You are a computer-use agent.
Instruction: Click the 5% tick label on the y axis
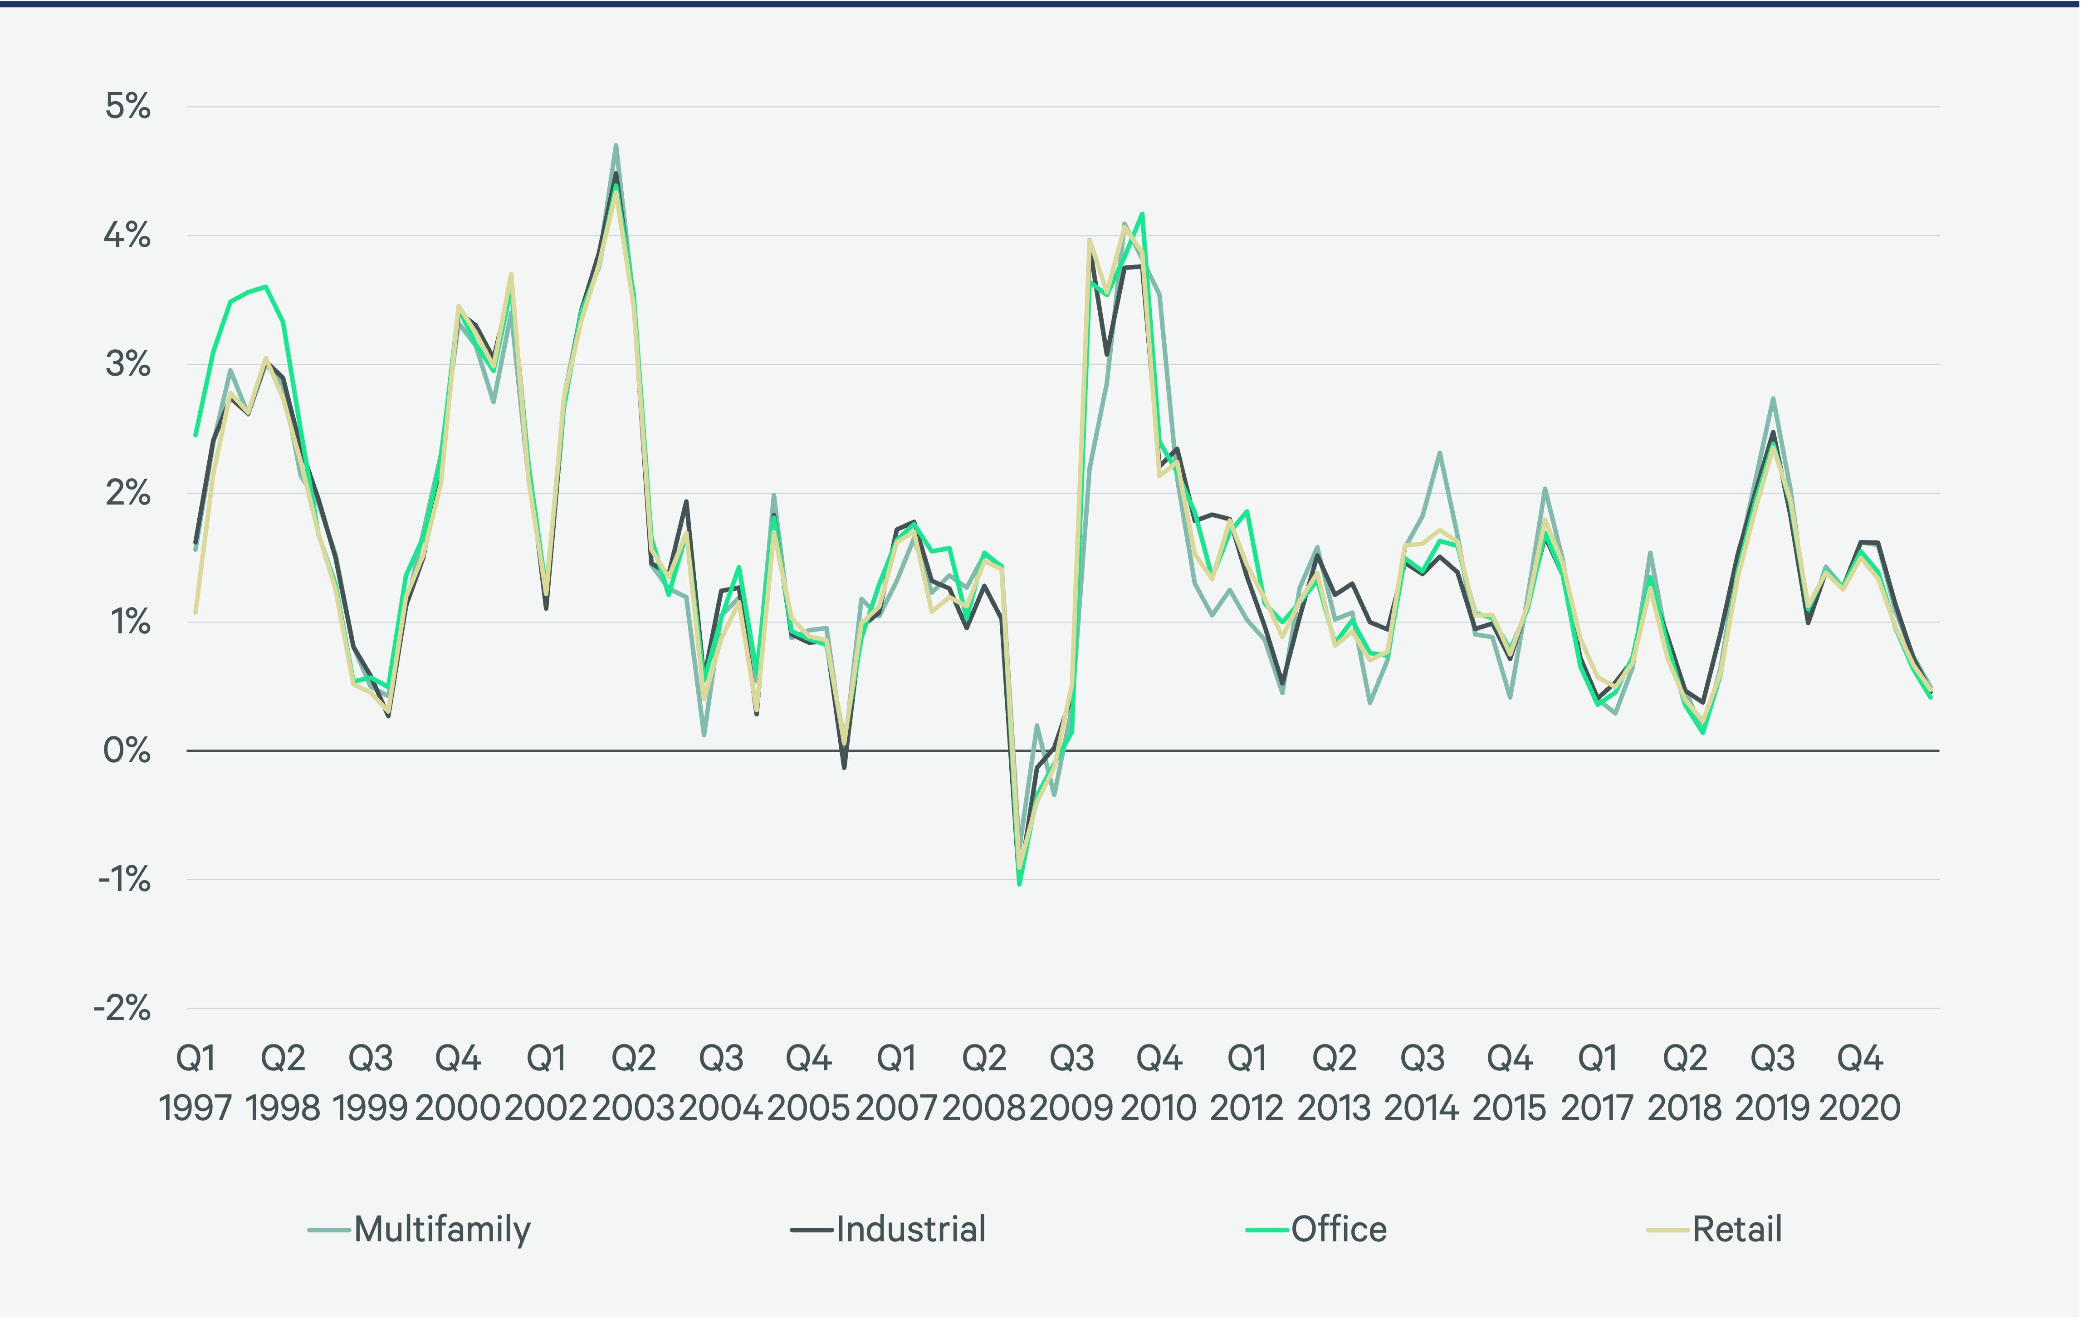[127, 107]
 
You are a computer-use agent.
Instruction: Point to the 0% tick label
[127, 751]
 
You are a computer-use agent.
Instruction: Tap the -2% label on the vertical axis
[122, 1009]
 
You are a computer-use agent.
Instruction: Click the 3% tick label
[127, 364]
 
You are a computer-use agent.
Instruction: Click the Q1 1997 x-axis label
[196, 1083]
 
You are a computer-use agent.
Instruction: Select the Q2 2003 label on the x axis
[634, 1083]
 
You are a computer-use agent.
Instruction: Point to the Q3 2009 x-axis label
[1071, 1083]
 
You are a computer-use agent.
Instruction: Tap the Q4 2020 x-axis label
[1860, 1083]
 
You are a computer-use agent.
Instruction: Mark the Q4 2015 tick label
[1509, 1083]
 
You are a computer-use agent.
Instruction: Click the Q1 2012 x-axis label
[1247, 1083]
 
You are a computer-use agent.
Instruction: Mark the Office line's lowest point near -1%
[1019, 884]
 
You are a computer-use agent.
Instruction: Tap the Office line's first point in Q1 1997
[196, 434]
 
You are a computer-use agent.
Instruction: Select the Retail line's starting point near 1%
[196, 612]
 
